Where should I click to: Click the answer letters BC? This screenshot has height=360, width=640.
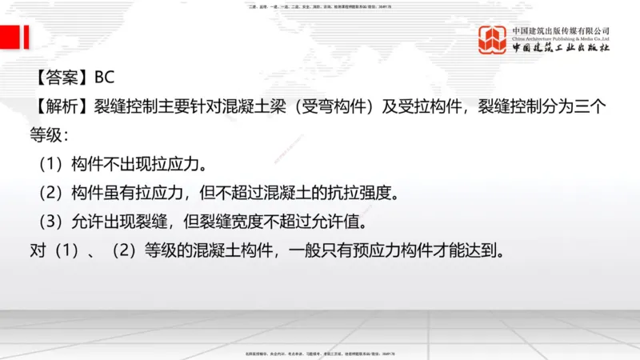(104, 78)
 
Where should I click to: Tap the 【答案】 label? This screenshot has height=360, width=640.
(62, 78)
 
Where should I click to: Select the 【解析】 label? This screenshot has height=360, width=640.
(62, 106)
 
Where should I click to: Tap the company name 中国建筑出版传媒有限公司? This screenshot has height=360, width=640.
(561, 30)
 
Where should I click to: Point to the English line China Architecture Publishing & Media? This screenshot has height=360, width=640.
(561, 38)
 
